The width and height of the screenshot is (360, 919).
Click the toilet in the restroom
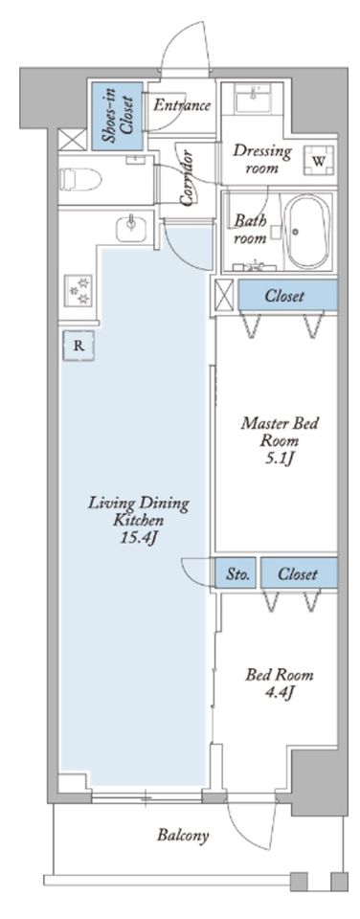pyautogui.click(x=81, y=179)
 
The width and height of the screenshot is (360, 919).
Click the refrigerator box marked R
pyautogui.click(x=79, y=346)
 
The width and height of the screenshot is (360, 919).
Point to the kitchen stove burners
pyautogui.click(x=77, y=291)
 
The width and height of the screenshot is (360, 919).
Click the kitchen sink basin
pyautogui.click(x=131, y=228)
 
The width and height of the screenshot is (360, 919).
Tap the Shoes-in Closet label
pyautogui.click(x=117, y=116)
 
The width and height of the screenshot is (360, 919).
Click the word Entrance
pyautogui.click(x=182, y=105)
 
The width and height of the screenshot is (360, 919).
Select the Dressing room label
pyautogui.click(x=262, y=159)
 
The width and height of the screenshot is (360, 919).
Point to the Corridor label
pyautogui.click(x=188, y=178)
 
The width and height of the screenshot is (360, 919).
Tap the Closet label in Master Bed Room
pyautogui.click(x=284, y=296)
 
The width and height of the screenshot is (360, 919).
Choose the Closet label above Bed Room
pyautogui.click(x=298, y=573)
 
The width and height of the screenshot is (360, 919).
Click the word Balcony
pyautogui.click(x=183, y=835)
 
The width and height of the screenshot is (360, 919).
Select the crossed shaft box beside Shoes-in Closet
pyautogui.click(x=73, y=140)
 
